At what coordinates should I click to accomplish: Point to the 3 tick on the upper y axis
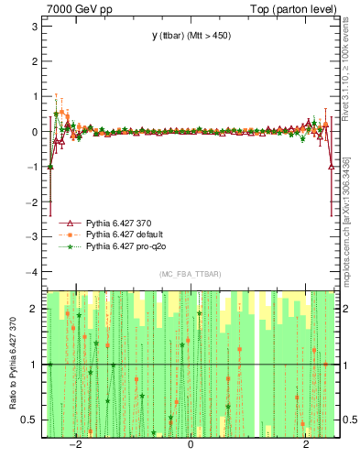coord(34,26)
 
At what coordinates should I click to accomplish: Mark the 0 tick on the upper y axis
coord(34,131)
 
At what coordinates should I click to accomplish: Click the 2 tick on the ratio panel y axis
coord(34,309)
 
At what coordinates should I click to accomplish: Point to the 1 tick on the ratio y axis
coord(34,365)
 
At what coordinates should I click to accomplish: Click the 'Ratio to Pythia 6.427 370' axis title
coord(12,364)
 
